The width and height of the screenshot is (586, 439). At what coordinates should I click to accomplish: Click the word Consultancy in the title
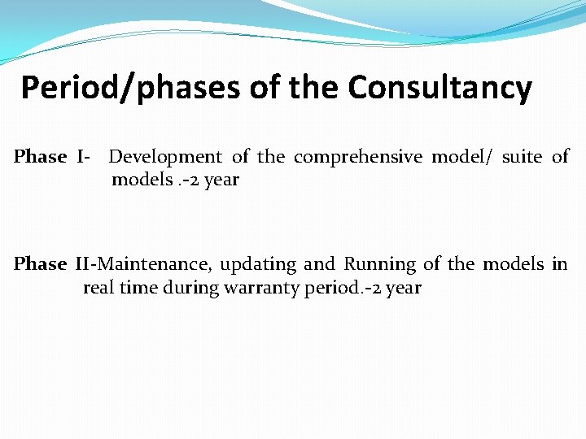(x=439, y=88)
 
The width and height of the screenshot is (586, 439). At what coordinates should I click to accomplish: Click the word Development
(x=164, y=157)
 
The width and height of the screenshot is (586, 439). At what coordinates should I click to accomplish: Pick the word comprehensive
(x=358, y=157)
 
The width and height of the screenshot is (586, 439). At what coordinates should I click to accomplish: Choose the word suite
(x=522, y=157)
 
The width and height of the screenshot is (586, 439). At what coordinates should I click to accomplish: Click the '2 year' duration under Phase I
(x=215, y=180)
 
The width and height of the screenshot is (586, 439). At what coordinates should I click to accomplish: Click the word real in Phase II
(x=100, y=288)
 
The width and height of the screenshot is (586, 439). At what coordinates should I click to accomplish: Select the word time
(x=140, y=288)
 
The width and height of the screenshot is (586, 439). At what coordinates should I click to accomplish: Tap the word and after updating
(x=319, y=264)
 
